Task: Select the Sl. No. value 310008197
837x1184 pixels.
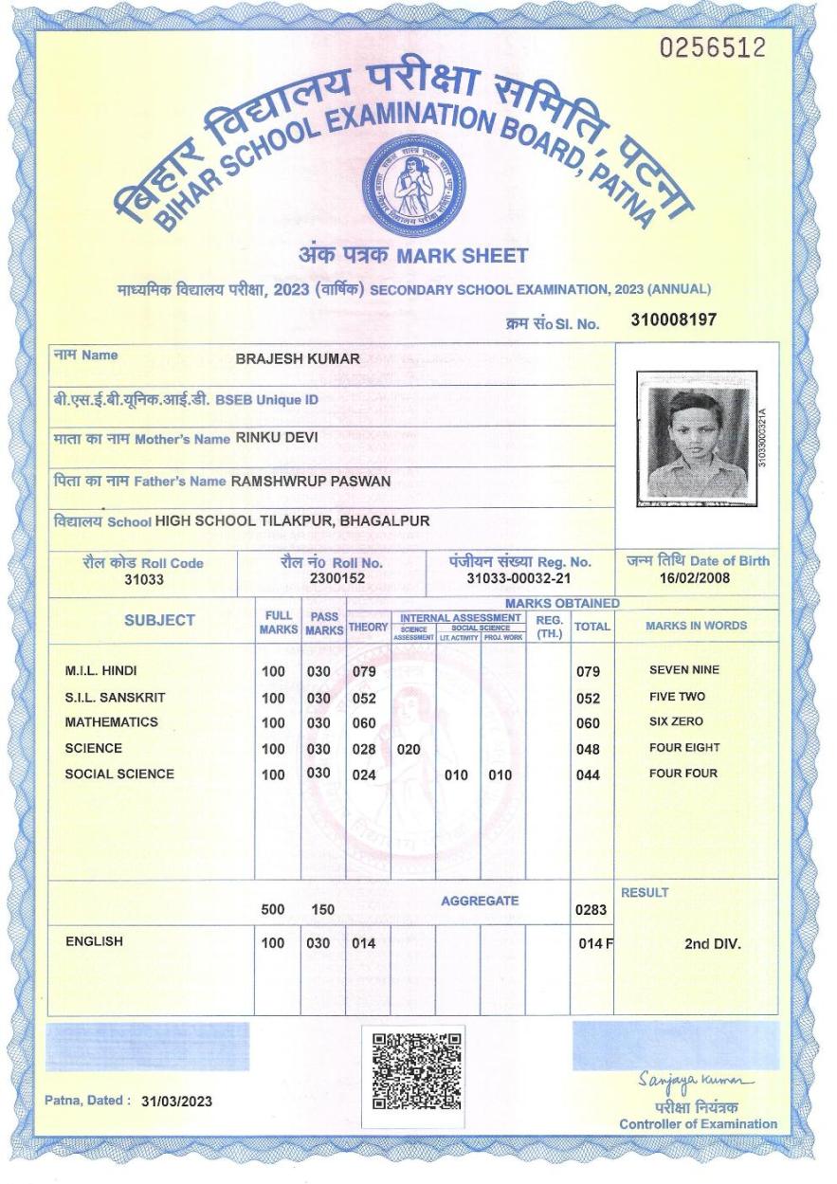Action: click(x=673, y=321)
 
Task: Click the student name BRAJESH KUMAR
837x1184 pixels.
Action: click(x=298, y=359)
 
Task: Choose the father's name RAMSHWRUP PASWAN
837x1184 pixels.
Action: click(x=311, y=481)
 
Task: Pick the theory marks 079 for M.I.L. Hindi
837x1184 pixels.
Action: click(x=364, y=672)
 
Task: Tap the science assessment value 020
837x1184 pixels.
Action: click(x=408, y=749)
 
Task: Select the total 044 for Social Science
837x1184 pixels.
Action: click(x=589, y=775)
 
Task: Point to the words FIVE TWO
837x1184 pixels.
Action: click(x=677, y=696)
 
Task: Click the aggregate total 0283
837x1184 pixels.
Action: click(x=590, y=912)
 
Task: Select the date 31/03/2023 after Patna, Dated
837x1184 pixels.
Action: click(x=176, y=1102)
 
